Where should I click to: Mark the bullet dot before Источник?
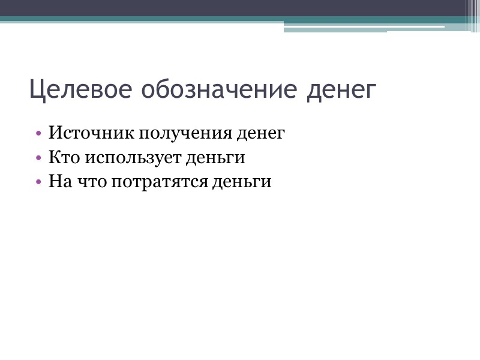pos(39,133)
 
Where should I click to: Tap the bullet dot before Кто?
pos(39,158)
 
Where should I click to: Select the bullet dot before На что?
pos(39,182)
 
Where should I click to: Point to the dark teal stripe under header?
pos(180,19)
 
